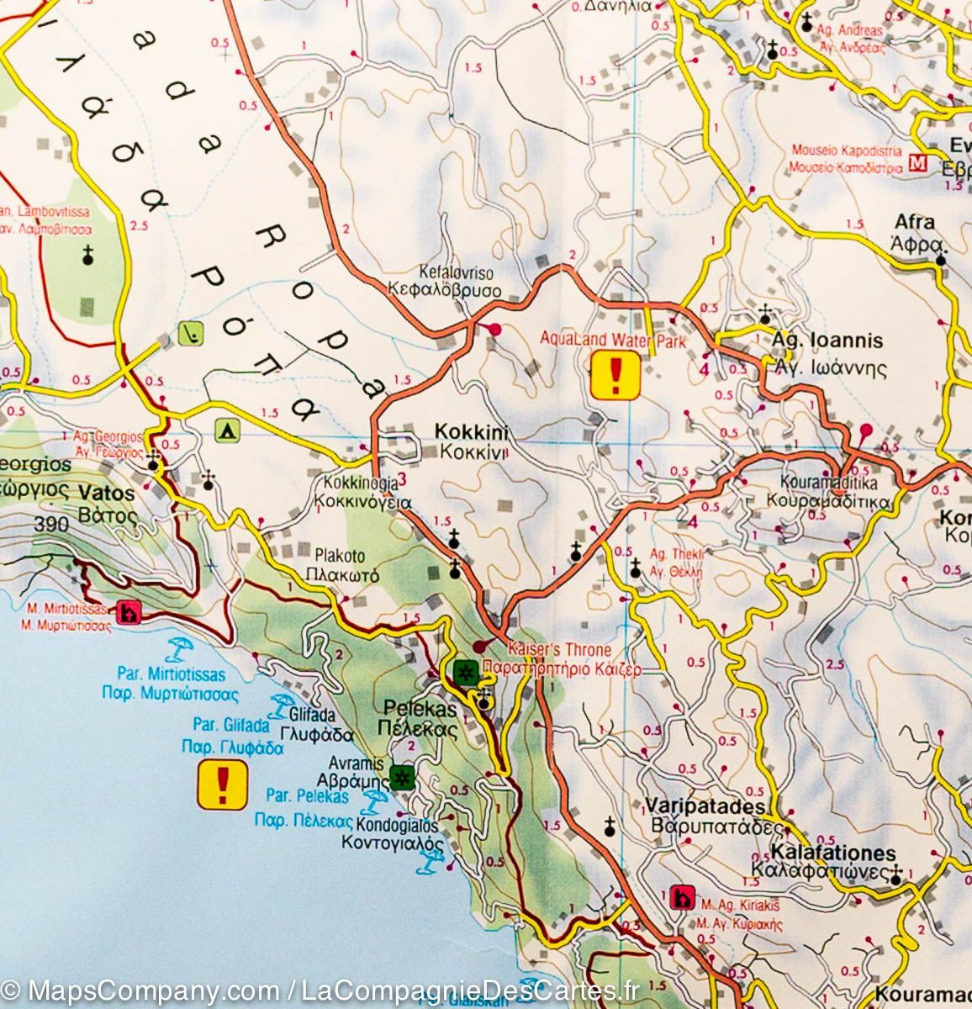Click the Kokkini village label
click(x=471, y=441)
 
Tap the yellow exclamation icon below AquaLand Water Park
click(x=615, y=375)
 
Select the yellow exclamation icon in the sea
click(x=222, y=784)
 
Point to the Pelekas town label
click(x=420, y=718)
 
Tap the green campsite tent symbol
click(x=227, y=431)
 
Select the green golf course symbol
click(x=190, y=336)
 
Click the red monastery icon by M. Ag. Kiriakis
click(x=682, y=898)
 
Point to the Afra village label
click(x=915, y=231)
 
